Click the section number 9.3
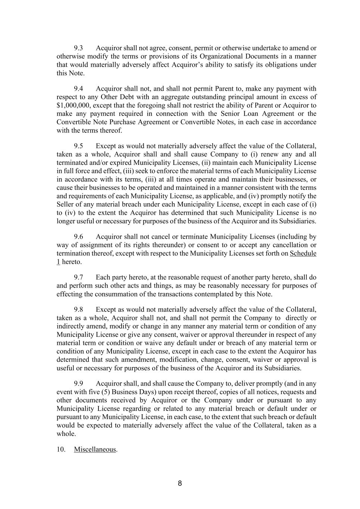click(x=78, y=48)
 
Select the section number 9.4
click(x=78, y=89)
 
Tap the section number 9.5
click(x=78, y=146)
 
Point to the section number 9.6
click(x=78, y=237)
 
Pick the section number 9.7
click(x=78, y=277)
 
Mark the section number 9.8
click(x=78, y=310)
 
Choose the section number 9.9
click(x=78, y=384)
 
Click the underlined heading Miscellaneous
click(x=95, y=450)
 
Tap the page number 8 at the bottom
click(x=180, y=484)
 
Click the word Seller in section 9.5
click(x=66, y=204)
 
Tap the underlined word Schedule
click(x=303, y=254)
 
